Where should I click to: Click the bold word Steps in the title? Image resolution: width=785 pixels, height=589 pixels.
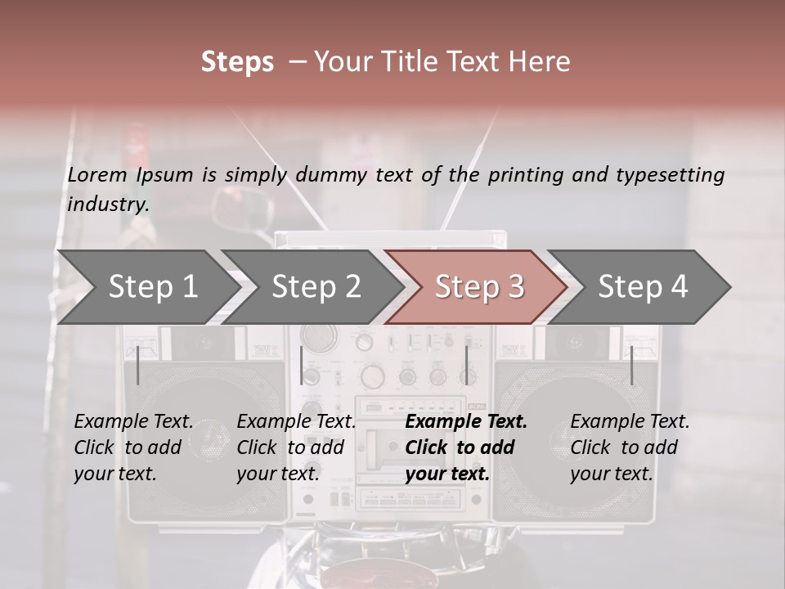237,62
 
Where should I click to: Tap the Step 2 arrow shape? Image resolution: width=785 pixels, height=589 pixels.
311,287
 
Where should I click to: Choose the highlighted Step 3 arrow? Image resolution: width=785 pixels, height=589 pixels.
478,287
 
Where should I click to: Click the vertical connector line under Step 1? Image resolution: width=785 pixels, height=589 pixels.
138,365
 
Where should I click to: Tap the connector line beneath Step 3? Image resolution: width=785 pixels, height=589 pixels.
467,365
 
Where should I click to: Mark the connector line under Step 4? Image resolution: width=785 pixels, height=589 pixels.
632,365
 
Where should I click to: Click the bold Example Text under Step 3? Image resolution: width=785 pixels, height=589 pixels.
466,447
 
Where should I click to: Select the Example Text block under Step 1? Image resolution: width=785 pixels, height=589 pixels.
133,447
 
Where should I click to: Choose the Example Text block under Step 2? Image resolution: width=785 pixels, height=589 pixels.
296,447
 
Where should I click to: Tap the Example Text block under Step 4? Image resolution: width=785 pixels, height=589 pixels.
630,447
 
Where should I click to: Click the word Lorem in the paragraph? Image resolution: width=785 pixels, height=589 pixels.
97,174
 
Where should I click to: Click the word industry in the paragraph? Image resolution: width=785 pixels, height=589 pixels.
107,204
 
